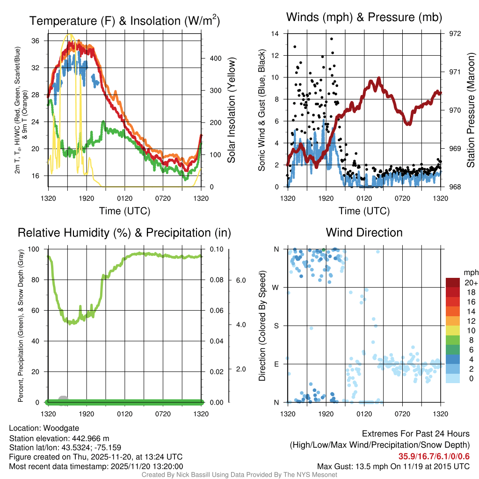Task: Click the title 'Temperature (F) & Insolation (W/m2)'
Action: [x=124, y=21]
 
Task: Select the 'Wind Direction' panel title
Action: [x=364, y=232]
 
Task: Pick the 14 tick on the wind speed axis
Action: [x=275, y=34]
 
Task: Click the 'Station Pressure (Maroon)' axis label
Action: [x=471, y=110]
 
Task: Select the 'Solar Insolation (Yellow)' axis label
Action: [x=231, y=110]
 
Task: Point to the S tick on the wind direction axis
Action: [x=276, y=326]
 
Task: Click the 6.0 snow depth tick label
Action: [x=240, y=280]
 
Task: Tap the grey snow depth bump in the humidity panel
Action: [x=63, y=399]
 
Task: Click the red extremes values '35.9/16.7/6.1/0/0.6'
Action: [x=434, y=457]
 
